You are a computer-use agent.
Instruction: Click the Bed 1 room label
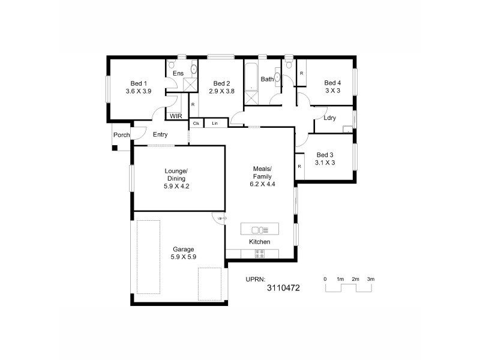(138, 83)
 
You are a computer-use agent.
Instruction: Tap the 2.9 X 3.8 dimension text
(221, 91)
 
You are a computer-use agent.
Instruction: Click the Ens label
(178, 73)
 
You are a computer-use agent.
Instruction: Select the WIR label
(176, 116)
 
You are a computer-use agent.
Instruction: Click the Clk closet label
(196, 123)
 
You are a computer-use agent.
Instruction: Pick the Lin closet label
(215, 123)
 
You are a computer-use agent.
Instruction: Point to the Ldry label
(329, 118)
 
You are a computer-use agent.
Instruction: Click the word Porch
(122, 135)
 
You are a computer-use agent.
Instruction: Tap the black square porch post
(115, 147)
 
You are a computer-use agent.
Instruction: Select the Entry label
(160, 135)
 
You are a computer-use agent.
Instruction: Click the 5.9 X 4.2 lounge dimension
(176, 187)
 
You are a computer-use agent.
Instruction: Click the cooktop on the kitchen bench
(260, 254)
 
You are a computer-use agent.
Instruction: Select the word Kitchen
(260, 242)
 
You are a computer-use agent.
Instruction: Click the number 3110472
(283, 289)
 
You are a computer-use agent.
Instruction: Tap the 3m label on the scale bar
(371, 280)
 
